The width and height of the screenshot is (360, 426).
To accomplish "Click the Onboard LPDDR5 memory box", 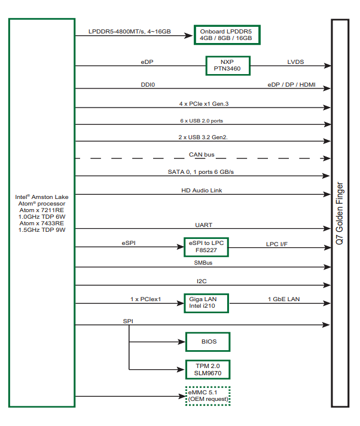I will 226,35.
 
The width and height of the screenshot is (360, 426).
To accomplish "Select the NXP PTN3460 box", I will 227,65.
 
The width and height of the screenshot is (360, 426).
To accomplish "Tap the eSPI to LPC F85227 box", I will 206,247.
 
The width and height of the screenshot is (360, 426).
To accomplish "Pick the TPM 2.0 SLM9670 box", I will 208,369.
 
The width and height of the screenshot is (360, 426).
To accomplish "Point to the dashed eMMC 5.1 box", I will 208,396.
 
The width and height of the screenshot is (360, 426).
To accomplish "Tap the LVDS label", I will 295,62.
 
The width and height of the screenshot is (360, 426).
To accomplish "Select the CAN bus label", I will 202,155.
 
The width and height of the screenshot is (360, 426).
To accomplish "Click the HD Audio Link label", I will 202,191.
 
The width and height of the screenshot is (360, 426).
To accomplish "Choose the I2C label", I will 202,280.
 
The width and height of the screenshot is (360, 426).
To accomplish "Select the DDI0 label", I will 148,85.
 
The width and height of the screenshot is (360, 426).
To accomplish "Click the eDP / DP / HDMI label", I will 291,85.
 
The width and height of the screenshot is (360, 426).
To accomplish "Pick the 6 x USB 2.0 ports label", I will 202,121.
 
